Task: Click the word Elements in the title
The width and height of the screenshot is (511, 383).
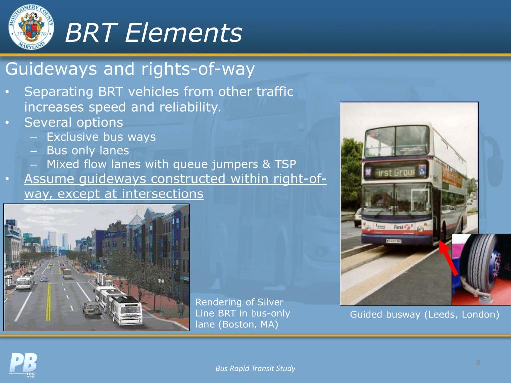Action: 184,34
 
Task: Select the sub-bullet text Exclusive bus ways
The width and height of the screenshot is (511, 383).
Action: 101,137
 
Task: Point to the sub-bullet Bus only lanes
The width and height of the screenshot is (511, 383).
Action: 88,150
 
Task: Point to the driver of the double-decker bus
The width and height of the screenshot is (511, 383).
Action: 383,199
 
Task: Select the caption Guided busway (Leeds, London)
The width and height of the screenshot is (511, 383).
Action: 425,314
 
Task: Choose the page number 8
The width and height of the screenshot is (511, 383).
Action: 478,362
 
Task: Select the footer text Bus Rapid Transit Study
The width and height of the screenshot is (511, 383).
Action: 255,369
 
